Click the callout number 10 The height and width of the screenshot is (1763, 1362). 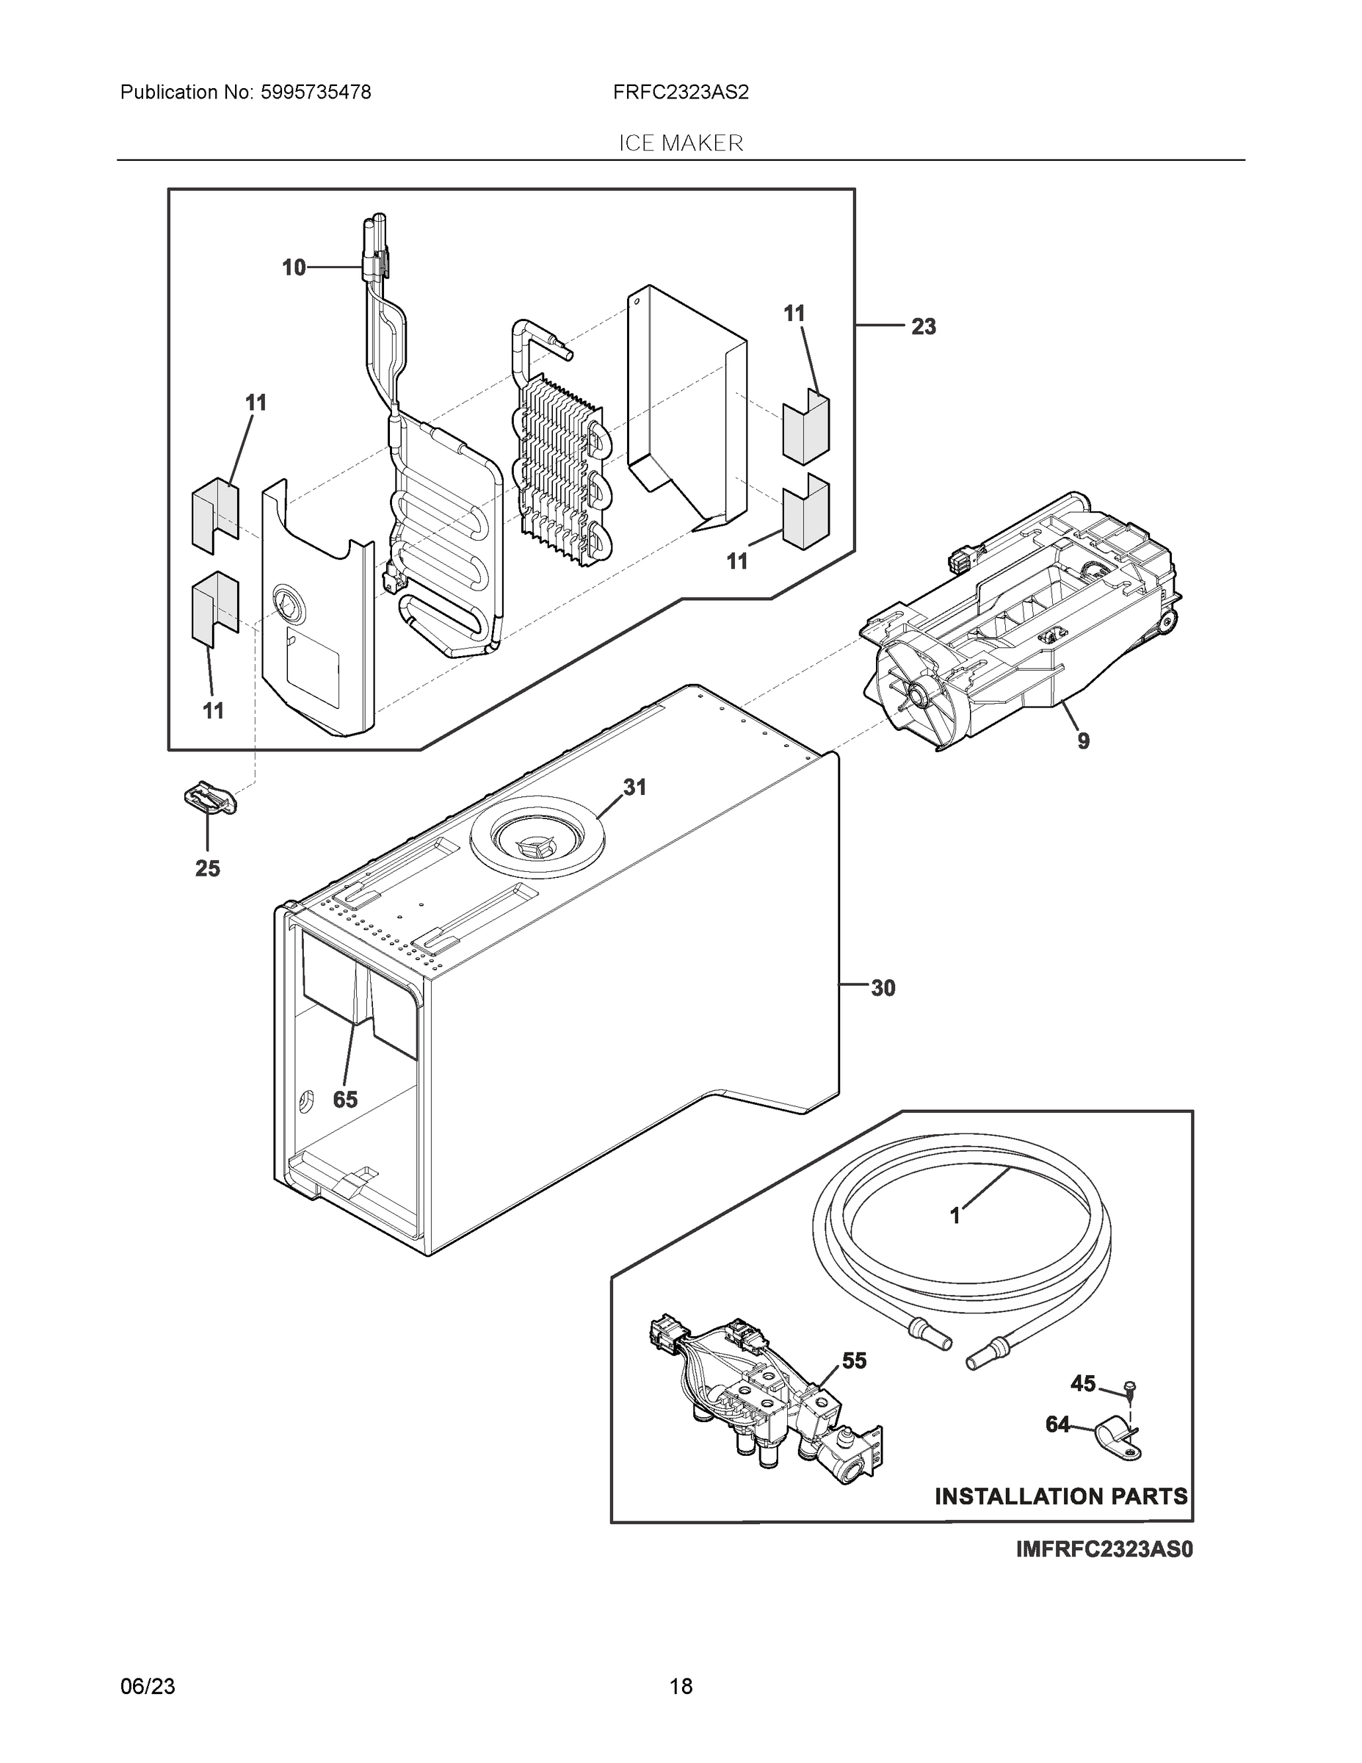(x=294, y=267)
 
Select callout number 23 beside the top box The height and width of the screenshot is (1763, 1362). (x=923, y=327)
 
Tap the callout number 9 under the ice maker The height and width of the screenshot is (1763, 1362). (x=1083, y=740)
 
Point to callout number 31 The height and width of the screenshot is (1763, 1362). (x=635, y=787)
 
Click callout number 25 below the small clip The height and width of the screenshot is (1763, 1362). (x=207, y=868)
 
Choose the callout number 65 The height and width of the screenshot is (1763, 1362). (x=345, y=1100)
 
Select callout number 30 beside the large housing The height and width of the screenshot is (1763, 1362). (x=883, y=988)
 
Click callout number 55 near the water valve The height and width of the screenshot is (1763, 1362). (x=854, y=1361)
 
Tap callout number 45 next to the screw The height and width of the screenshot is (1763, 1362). (x=1083, y=1384)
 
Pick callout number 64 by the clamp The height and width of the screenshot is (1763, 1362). (x=1058, y=1425)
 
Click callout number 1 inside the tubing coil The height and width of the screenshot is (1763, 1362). (x=955, y=1216)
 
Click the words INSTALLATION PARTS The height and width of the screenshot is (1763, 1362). (x=1061, y=1496)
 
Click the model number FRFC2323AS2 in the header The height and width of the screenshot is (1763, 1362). (x=680, y=92)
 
